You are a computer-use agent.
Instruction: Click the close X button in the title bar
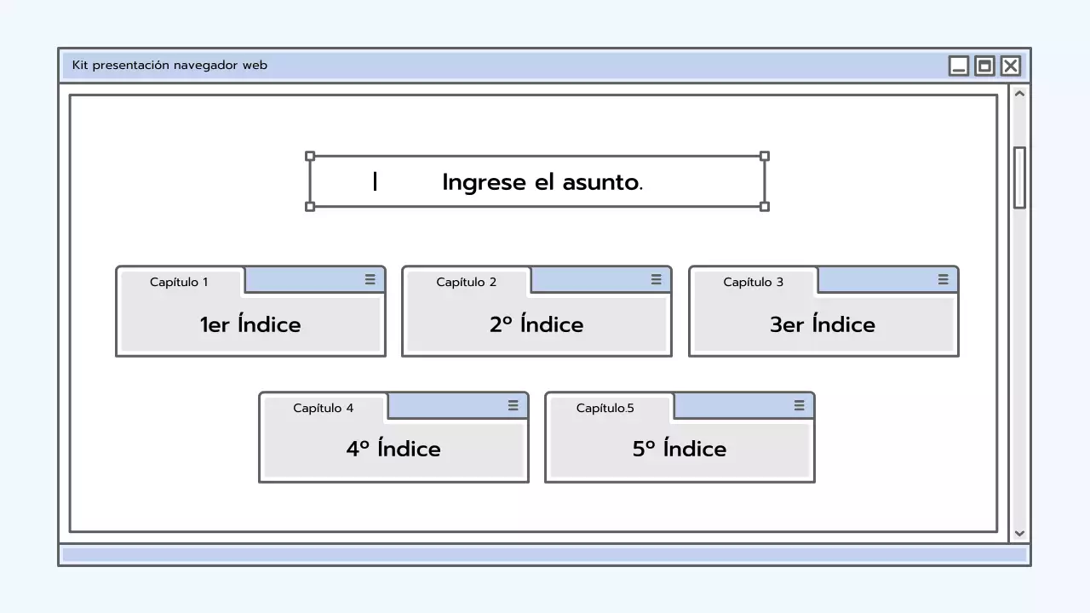[1010, 66]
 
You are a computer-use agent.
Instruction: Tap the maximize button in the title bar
[984, 66]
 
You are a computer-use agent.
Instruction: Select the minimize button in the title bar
[959, 66]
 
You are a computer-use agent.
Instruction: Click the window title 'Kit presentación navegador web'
[169, 66]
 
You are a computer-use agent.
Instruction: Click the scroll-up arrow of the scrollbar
[1019, 94]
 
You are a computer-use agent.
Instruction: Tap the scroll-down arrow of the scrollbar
[1019, 534]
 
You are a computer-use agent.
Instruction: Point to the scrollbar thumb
[1019, 177]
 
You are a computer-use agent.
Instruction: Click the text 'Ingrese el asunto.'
[542, 182]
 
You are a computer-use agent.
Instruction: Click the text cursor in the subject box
[375, 181]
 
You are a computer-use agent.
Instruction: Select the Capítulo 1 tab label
[179, 282]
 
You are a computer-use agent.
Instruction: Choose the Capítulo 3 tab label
[753, 282]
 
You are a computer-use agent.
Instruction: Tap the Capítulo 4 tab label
[323, 408]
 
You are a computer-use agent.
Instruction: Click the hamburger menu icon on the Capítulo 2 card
[656, 279]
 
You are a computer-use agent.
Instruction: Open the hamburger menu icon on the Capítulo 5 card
[799, 405]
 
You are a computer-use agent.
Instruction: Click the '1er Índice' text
[250, 324]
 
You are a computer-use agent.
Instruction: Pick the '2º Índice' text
[536, 324]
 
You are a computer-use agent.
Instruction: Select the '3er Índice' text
[823, 324]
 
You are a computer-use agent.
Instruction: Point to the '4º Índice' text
[393, 449]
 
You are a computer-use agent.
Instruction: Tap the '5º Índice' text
[680, 449]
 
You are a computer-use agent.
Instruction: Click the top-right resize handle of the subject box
[764, 156]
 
